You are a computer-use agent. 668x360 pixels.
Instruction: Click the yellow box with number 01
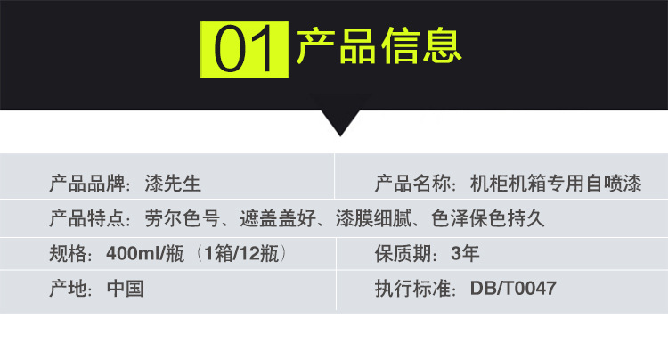[244, 50]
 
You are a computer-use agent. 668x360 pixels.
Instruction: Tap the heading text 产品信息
[379, 46]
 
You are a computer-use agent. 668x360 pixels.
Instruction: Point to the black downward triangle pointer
[340, 123]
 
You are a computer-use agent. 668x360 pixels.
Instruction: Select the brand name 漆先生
[173, 184]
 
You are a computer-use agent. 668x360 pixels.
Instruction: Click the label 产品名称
[412, 184]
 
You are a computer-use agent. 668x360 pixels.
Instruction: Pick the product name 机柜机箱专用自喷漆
[556, 184]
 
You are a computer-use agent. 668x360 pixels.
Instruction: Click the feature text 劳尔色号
[182, 218]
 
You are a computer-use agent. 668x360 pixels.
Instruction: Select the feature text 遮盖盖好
[277, 218]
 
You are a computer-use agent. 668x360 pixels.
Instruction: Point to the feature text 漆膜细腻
[373, 218]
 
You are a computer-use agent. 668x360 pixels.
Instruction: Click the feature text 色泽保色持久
[488, 218]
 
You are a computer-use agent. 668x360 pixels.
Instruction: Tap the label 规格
[68, 253]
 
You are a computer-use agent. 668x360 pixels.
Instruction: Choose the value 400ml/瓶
[145, 253]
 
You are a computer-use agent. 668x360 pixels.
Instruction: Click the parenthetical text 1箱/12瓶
[241, 253]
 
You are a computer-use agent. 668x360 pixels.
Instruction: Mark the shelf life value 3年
[465, 253]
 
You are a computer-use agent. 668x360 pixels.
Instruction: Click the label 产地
[68, 289]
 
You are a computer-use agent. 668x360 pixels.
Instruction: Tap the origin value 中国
[126, 289]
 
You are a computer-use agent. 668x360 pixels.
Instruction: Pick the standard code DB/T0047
[513, 289]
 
